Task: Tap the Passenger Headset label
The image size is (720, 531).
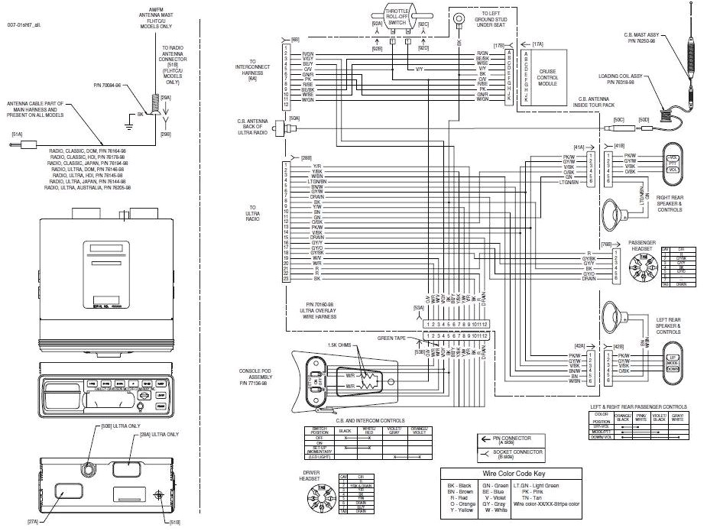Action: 642,245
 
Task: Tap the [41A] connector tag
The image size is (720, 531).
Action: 579,146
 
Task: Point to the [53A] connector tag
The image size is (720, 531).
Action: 418,308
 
